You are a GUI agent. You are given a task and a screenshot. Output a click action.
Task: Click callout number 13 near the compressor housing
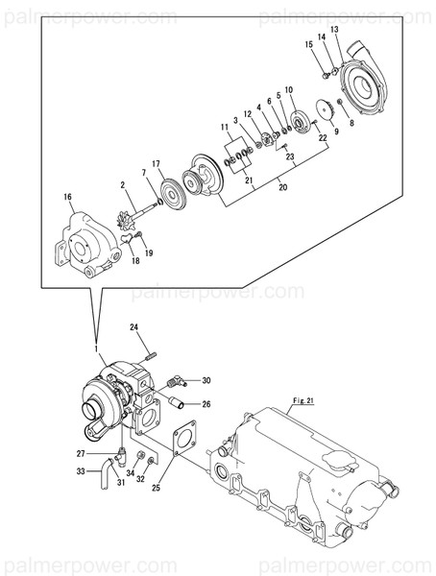(x=335, y=31)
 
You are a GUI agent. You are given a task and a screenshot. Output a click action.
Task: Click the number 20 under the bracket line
(x=281, y=188)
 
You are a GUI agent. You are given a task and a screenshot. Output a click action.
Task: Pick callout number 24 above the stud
(x=135, y=327)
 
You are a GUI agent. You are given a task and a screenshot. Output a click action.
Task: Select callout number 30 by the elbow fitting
(x=206, y=380)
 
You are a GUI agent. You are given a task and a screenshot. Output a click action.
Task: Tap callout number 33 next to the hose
(x=82, y=471)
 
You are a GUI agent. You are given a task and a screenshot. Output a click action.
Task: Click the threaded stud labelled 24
(x=149, y=352)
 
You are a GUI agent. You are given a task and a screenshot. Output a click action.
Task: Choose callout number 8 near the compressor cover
(x=349, y=125)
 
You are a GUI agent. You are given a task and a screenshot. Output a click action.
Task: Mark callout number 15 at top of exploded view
(x=309, y=45)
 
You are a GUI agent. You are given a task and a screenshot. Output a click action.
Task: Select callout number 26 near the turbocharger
(x=206, y=404)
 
